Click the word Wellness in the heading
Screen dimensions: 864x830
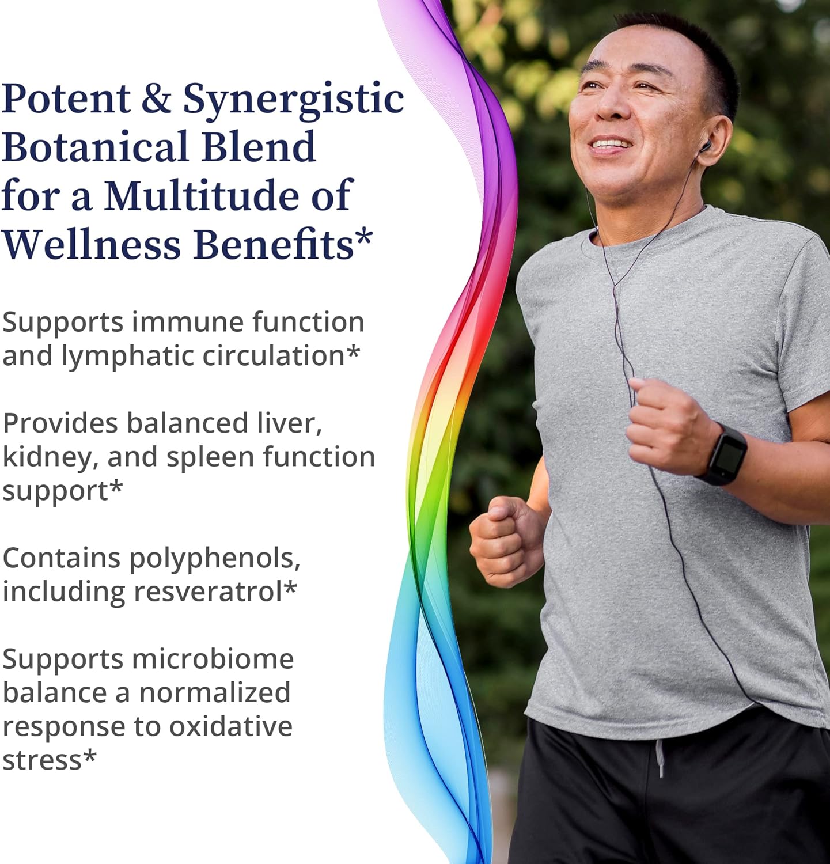(92, 245)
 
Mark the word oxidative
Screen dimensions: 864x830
(230, 727)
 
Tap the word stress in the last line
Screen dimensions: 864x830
(42, 760)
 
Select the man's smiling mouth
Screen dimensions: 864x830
(611, 144)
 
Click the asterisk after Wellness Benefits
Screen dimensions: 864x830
(364, 236)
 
